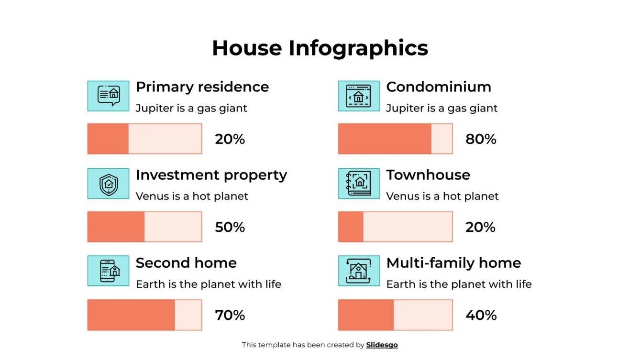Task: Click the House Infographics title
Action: pos(320,48)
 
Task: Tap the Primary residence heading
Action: pos(202,87)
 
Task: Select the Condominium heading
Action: pos(438,87)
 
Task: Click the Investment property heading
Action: pos(211,175)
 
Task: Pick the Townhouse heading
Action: pos(428,175)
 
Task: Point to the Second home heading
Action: pos(186,263)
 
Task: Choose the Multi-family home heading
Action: pos(453,263)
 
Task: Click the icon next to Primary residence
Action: pos(108,96)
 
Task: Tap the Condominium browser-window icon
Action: pos(358,96)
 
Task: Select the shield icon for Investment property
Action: pos(108,184)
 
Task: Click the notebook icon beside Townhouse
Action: pos(358,184)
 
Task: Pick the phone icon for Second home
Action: pos(108,271)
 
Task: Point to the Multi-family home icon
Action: pos(358,271)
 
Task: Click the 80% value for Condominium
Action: pos(480,139)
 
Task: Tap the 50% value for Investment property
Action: pos(230,227)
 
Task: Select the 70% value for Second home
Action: pos(230,315)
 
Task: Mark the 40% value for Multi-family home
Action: pos(480,315)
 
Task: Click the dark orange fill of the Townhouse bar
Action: pos(351,227)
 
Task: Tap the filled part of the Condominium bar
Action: pos(385,139)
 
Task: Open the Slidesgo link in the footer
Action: pos(382,345)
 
